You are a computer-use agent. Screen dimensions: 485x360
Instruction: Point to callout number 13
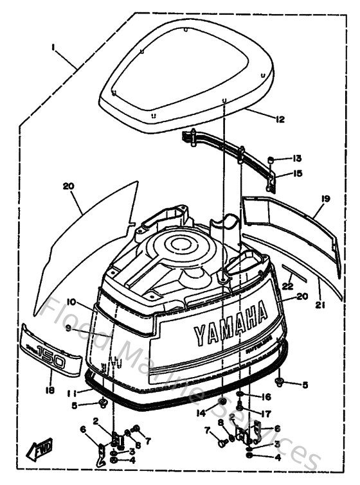297,158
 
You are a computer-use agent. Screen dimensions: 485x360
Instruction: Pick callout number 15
297,173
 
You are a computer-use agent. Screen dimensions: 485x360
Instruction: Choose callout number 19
325,199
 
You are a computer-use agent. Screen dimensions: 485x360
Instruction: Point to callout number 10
70,302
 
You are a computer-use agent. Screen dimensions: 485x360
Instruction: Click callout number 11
76,391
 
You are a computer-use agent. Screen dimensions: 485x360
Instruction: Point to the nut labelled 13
271,159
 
